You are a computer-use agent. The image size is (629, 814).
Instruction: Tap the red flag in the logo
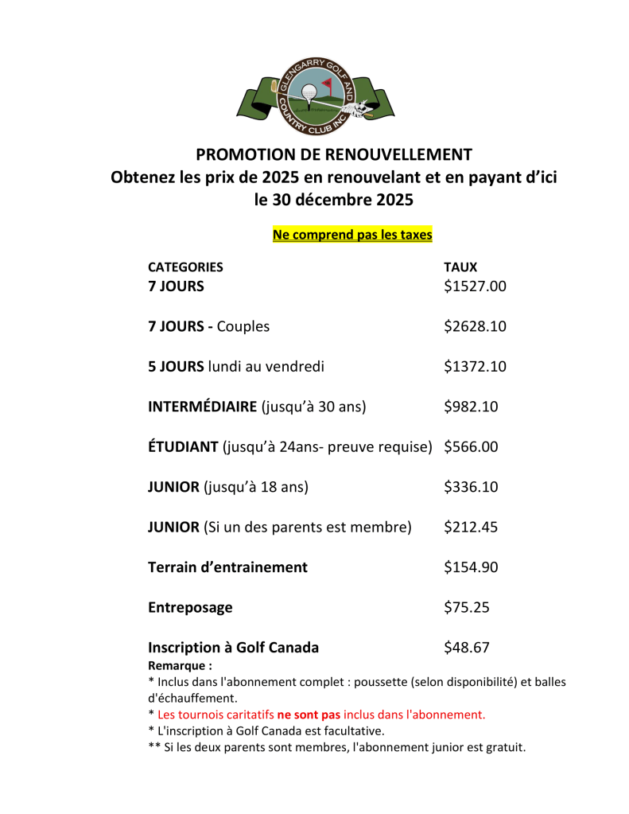327,82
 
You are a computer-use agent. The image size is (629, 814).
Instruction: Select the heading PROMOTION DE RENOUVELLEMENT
334,154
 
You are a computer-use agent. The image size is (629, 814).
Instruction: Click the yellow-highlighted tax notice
352,235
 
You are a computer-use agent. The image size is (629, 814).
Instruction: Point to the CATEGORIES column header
185,267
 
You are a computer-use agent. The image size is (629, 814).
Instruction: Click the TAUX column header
460,267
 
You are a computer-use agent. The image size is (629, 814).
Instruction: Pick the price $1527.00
475,286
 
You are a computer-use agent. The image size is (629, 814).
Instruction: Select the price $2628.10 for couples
475,326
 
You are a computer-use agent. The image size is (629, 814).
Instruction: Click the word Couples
243,326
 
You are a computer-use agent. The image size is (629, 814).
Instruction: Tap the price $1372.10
475,367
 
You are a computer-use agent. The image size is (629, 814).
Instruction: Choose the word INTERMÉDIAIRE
203,407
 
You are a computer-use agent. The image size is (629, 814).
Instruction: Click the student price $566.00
471,447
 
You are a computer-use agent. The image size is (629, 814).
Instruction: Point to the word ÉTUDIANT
183,447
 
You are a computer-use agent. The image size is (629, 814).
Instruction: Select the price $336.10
471,487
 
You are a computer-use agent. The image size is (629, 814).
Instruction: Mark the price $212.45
471,527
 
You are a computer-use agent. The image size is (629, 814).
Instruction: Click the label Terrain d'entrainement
227,567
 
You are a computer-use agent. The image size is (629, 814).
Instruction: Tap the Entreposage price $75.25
466,608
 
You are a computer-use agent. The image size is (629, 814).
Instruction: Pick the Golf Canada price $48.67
466,648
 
